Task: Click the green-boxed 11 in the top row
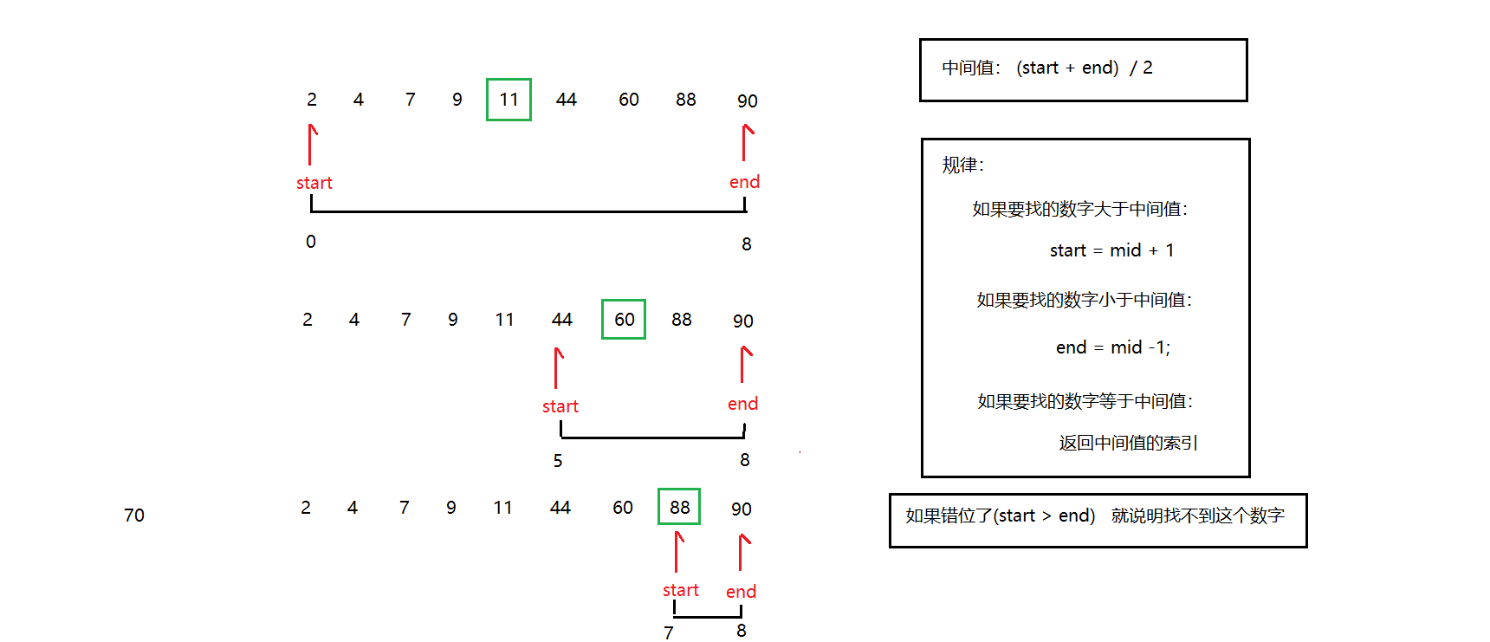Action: point(509,100)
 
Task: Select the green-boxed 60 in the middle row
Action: point(624,319)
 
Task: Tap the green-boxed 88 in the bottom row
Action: point(679,507)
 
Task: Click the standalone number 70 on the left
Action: point(134,516)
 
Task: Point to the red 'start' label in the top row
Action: point(314,183)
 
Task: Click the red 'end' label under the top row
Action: point(744,182)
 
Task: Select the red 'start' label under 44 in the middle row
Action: point(560,406)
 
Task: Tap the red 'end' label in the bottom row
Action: point(741,592)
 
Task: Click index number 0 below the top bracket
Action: point(311,242)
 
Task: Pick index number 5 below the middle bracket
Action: point(558,461)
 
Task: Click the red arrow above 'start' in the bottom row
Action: point(678,551)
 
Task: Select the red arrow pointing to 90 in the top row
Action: point(746,142)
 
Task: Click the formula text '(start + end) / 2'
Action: point(1084,68)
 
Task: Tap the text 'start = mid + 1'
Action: point(1111,250)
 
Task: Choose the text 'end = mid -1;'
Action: point(1112,347)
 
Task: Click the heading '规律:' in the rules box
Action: point(962,165)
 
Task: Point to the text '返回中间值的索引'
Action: point(1128,443)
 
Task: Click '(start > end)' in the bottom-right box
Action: point(1044,516)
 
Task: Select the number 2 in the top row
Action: point(312,100)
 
